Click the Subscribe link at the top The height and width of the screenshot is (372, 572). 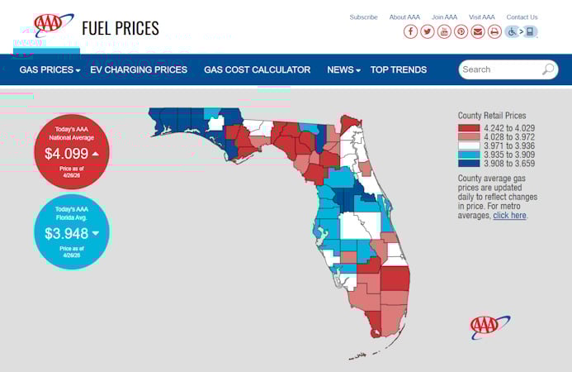coord(363,17)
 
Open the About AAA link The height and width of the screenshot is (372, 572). coord(404,17)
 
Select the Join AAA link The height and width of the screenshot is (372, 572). coord(444,17)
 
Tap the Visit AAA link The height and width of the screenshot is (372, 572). coord(482,17)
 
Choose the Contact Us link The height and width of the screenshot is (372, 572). coord(522,17)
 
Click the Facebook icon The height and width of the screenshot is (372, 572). coord(410,31)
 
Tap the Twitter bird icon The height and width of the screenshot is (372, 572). coord(428,31)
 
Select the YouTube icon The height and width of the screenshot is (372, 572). coord(444,31)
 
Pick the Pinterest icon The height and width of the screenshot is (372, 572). coord(461,31)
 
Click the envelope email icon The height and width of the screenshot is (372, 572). coord(478,31)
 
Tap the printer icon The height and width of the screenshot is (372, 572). coord(494,31)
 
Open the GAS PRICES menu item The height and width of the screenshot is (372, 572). coord(50,70)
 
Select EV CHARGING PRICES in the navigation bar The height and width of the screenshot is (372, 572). coord(139,70)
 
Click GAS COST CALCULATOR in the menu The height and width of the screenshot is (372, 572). coord(258,70)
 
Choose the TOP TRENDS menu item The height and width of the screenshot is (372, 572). coord(399,70)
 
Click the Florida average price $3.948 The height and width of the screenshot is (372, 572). coord(67,233)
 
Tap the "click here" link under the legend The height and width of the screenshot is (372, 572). coord(509,215)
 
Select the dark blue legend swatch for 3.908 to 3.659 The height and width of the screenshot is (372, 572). coord(469,163)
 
